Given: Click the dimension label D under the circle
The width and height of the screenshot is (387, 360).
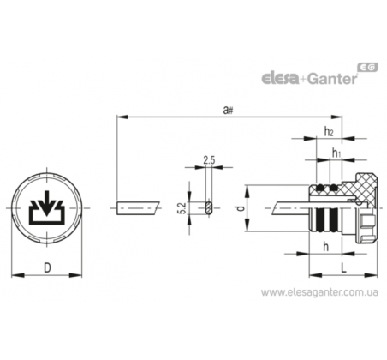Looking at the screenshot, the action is pyautogui.click(x=47, y=268).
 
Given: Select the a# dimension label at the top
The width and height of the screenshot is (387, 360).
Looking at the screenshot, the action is pyautogui.click(x=228, y=110).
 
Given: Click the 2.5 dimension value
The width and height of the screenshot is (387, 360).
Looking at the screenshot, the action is pyautogui.click(x=209, y=160).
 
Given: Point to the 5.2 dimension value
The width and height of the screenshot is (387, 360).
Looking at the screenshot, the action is pyautogui.click(x=182, y=208).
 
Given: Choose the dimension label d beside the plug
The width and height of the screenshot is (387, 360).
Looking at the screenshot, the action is pyautogui.click(x=241, y=208).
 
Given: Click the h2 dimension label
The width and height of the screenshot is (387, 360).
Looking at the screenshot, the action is pyautogui.click(x=329, y=131).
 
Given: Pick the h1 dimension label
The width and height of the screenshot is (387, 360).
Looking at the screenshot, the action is pyautogui.click(x=336, y=153).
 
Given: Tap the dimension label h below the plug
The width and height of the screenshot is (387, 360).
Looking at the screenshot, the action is pyautogui.click(x=325, y=246).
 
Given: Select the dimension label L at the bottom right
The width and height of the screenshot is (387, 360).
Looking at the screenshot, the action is pyautogui.click(x=344, y=267).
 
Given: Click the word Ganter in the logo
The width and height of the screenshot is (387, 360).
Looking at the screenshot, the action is pyautogui.click(x=332, y=78).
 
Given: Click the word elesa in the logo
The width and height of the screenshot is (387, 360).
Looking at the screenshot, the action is pyautogui.click(x=280, y=78).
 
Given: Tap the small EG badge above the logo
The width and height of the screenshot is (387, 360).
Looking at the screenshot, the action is pyautogui.click(x=368, y=67).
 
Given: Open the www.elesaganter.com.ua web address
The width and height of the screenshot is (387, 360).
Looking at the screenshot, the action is pyautogui.click(x=319, y=292).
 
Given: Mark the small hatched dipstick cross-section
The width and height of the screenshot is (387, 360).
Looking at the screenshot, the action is pyautogui.click(x=209, y=207).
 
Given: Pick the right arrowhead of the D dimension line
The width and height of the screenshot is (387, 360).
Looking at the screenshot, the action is pyautogui.click(x=75, y=275).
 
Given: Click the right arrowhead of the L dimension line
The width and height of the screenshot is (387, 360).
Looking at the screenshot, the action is pyautogui.click(x=371, y=275).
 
